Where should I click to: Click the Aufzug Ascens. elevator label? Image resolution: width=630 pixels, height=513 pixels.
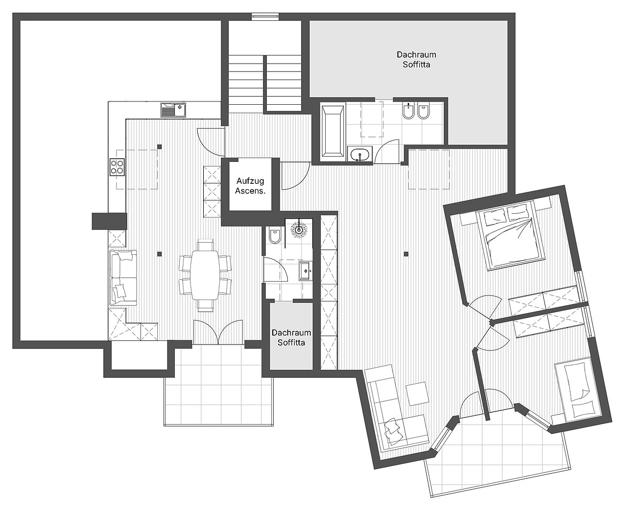[250, 186]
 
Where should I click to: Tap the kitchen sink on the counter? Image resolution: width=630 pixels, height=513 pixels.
[174, 110]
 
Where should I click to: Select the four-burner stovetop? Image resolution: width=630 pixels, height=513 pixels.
[117, 167]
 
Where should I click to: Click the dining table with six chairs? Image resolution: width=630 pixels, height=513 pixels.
[205, 275]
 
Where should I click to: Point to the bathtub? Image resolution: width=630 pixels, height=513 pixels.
[333, 131]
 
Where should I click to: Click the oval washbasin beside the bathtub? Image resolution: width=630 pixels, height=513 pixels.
[359, 154]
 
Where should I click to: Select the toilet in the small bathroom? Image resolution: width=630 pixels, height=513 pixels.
[274, 235]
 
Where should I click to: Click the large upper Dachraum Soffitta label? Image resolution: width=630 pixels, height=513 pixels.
[416, 59]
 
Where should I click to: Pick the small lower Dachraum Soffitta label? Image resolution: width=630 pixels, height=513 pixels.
[291, 338]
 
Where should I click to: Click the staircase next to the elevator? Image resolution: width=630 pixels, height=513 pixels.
[265, 82]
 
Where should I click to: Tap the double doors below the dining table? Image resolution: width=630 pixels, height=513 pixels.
[218, 332]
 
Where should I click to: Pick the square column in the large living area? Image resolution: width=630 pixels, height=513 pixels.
[406, 254]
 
